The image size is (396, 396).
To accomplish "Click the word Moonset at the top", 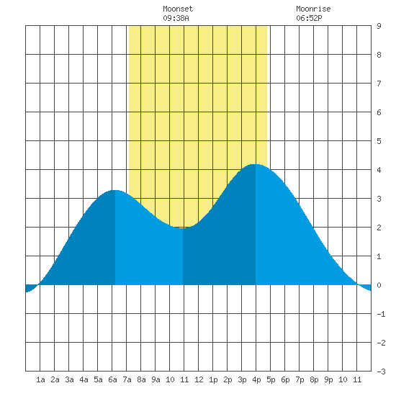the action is (178, 9).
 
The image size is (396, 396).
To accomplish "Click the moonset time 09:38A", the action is (176, 18).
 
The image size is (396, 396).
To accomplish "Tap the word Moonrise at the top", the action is (313, 9).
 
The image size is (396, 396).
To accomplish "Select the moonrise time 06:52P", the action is (309, 18).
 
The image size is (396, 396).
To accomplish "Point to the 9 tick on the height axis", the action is (379, 26).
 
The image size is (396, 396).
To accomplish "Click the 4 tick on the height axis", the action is (379, 170).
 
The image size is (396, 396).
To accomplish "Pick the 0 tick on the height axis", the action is (379, 285).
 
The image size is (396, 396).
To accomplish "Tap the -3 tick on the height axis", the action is (382, 372).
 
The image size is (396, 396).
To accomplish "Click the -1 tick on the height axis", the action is (382, 314).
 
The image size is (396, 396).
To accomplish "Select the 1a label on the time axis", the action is (40, 379).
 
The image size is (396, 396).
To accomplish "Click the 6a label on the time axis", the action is (112, 379).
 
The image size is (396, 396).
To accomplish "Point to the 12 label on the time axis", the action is (199, 379).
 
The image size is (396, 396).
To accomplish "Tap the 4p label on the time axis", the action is (256, 379).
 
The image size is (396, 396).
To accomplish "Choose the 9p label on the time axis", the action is (328, 379).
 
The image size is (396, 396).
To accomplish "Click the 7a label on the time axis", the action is (127, 379).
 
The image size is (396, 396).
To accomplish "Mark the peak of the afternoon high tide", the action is (255, 164).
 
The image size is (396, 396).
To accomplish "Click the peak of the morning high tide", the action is (115, 190).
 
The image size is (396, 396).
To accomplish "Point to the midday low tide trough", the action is (182, 228).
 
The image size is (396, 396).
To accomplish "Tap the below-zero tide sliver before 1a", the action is (30, 288).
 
